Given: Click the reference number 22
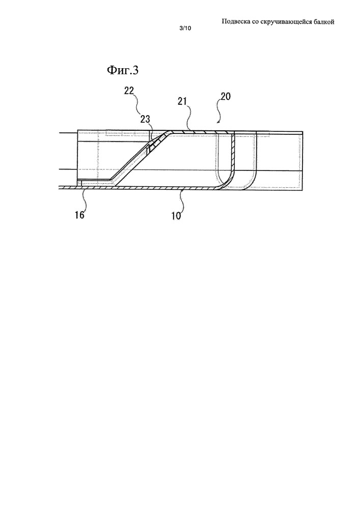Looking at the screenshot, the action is (x=129, y=91).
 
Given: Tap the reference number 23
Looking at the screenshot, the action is (x=146, y=119).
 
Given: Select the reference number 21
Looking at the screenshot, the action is (x=182, y=101).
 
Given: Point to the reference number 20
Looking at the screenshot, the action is (x=226, y=96).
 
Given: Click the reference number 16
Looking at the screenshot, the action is (x=79, y=215).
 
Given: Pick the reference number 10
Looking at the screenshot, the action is (x=176, y=215).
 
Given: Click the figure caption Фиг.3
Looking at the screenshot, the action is (x=122, y=70).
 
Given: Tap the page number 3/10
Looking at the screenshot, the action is (x=185, y=28).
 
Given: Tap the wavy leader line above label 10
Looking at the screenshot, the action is (x=182, y=201).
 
